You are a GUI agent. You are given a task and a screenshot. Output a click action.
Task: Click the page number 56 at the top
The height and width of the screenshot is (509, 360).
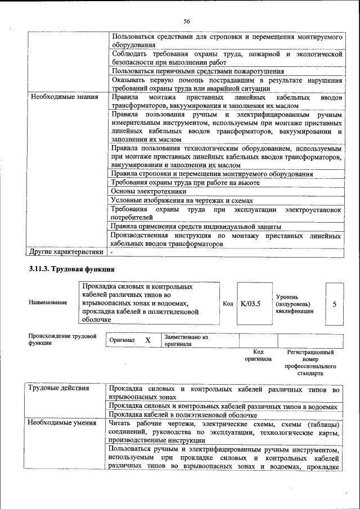click(187, 21)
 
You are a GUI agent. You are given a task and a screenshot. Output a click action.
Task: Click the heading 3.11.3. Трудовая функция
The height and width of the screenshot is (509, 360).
click(67, 269)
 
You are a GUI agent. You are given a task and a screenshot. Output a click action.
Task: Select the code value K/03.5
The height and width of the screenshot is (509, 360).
click(250, 304)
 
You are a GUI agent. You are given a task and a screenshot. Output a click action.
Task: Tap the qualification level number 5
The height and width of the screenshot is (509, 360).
click(335, 304)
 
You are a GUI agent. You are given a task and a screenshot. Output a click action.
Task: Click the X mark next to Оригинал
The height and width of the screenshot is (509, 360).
click(148, 340)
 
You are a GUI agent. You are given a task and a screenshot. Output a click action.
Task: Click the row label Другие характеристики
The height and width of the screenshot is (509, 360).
click(66, 252)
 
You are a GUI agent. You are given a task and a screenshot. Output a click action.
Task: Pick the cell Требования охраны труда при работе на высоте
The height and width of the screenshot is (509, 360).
click(185, 183)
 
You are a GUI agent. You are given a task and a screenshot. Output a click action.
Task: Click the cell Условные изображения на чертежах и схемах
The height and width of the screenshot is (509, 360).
click(182, 200)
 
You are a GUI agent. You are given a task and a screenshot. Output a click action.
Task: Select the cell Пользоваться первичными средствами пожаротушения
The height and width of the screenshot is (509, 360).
click(197, 71)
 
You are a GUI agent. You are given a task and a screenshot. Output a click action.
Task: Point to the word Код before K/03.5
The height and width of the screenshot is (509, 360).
click(228, 304)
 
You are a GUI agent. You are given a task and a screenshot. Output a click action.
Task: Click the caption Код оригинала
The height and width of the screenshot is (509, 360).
click(258, 355)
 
